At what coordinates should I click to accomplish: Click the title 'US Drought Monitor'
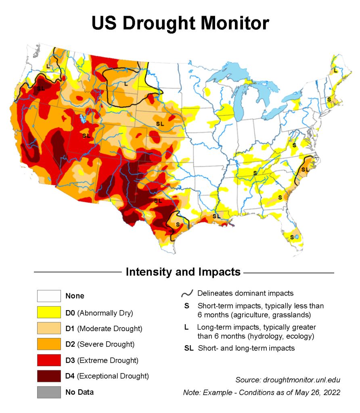coord(180,23)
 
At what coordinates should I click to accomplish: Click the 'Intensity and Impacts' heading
coord(183,272)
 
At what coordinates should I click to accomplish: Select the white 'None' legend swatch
coord(49,296)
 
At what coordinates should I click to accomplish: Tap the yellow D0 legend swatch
coord(49,312)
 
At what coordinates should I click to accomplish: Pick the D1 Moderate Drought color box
coord(49,328)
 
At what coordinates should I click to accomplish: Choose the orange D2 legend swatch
coord(49,344)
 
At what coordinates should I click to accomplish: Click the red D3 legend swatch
coord(49,360)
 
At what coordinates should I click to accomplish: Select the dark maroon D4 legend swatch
coord(49,376)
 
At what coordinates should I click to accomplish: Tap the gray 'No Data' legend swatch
coord(49,392)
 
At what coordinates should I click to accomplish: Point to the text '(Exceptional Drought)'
coord(113,376)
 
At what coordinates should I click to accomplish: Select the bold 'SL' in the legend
coord(189,348)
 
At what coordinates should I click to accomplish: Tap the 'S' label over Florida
coord(291,237)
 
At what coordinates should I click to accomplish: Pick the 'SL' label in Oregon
coord(41,88)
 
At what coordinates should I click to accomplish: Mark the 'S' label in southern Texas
coord(178,224)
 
